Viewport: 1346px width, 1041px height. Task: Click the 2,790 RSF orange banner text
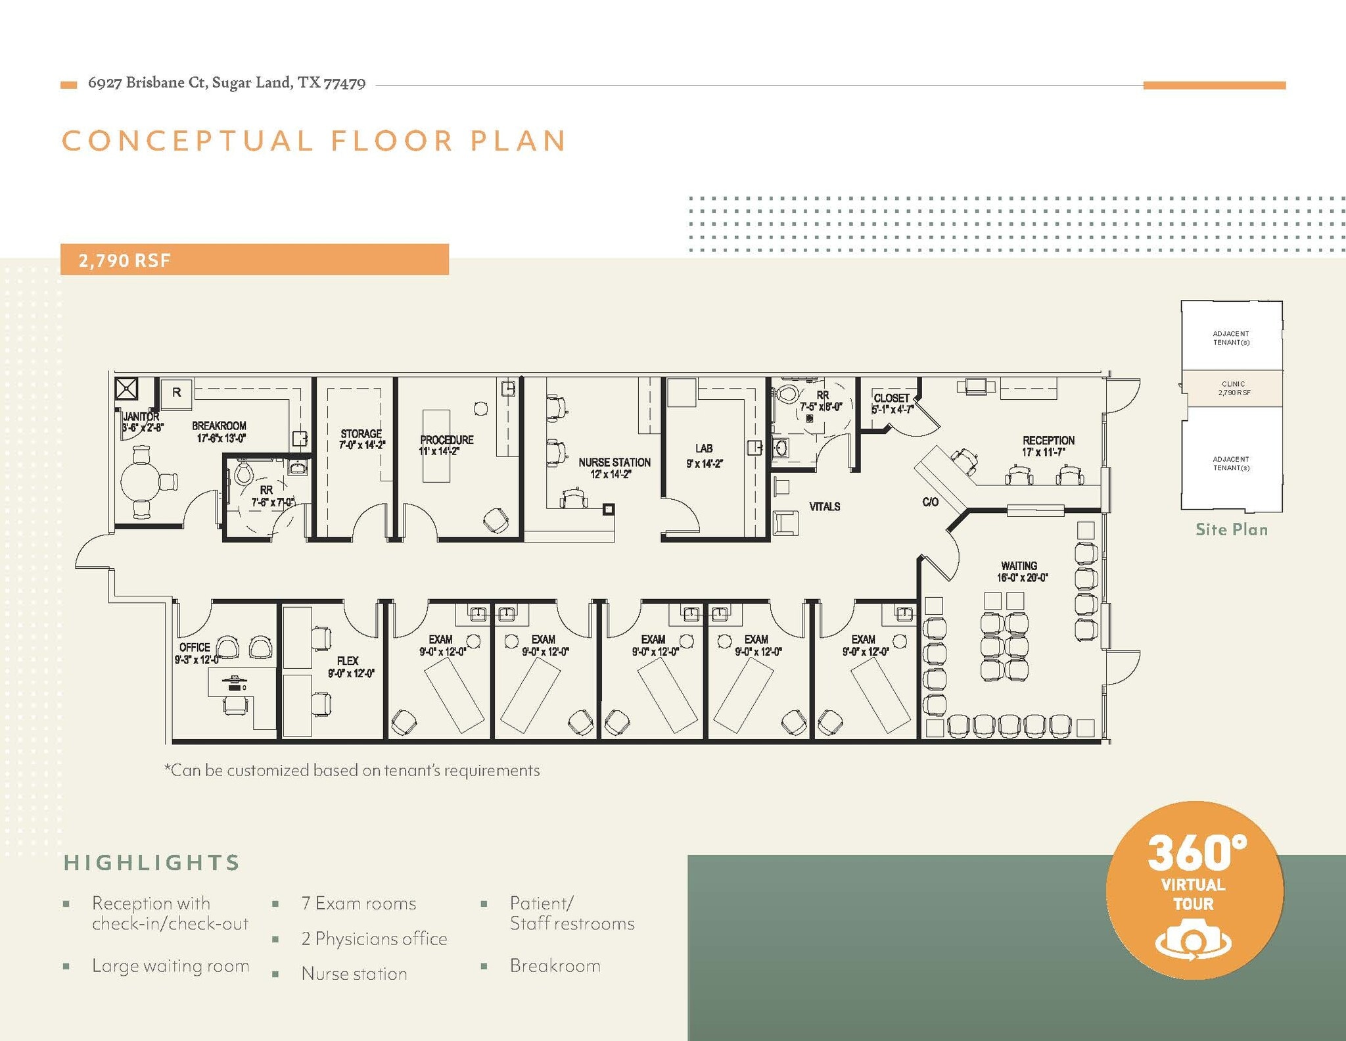[x=124, y=260]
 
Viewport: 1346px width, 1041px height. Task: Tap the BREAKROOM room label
[x=219, y=426]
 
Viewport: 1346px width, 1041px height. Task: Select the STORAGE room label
[x=361, y=433]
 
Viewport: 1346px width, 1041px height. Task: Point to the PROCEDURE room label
[x=447, y=440]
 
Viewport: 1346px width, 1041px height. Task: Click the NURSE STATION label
[x=615, y=462]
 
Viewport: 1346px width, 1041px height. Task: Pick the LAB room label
[x=704, y=448]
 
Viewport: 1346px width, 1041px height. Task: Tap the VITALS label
[x=825, y=506]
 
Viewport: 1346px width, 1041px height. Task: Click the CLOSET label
[x=892, y=398]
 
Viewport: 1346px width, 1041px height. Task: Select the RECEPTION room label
[x=1048, y=440]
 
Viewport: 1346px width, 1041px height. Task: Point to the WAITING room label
[x=1019, y=566]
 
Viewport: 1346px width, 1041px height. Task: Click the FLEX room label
[x=348, y=661]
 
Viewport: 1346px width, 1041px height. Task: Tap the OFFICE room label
[x=195, y=647]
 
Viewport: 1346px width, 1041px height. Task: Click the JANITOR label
[x=141, y=416]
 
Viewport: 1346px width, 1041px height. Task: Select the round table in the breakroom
[x=140, y=482]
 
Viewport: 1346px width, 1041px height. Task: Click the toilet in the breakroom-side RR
[x=244, y=472]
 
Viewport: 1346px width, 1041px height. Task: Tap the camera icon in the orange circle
[x=1194, y=942]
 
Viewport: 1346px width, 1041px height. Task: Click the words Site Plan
[x=1232, y=529]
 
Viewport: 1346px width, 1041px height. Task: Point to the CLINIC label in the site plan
[x=1234, y=384]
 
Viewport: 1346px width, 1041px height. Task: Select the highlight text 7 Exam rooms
[x=359, y=903]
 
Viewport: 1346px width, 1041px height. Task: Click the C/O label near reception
[x=931, y=502]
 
